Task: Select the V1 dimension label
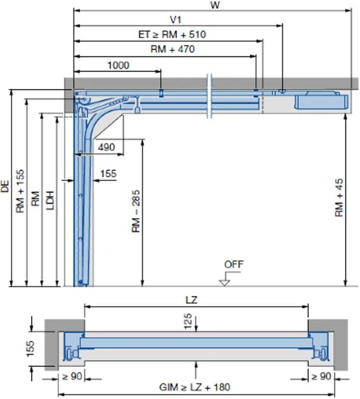(175, 20)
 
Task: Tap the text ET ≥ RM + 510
(172, 35)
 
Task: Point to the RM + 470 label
(172, 49)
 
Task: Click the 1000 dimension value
(118, 65)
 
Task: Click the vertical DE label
(5, 187)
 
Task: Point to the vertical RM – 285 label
(136, 213)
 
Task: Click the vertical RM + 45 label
(339, 199)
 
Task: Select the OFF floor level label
(233, 264)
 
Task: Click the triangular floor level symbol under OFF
(224, 282)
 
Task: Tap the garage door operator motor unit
(320, 100)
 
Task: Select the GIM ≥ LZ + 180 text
(195, 387)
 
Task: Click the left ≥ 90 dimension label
(72, 376)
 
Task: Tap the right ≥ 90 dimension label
(320, 376)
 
